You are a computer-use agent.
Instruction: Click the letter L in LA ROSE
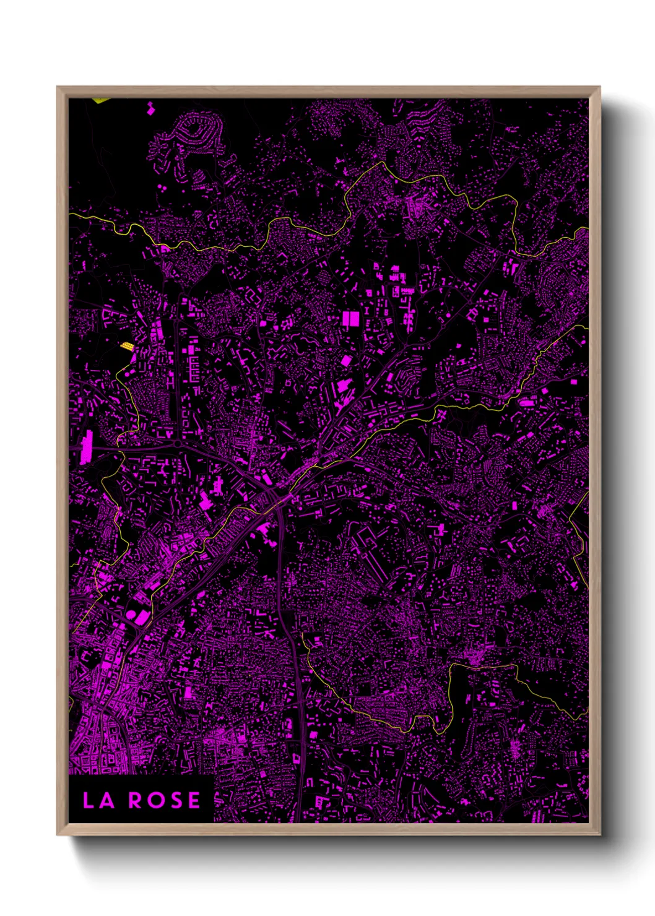(x=89, y=800)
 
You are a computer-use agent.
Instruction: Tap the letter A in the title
(x=106, y=800)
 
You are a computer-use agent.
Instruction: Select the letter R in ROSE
(x=136, y=800)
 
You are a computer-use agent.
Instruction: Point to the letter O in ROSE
(x=155, y=800)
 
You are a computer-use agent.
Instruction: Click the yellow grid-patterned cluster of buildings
(x=126, y=345)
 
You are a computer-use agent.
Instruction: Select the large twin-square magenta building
(x=350, y=319)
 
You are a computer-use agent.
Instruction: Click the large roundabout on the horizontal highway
(x=178, y=443)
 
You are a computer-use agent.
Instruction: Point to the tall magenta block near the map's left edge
(x=86, y=447)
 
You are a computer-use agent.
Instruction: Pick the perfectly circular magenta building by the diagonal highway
(x=131, y=615)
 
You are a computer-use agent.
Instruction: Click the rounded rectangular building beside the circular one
(x=142, y=617)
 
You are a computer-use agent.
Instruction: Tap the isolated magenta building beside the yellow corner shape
(x=149, y=110)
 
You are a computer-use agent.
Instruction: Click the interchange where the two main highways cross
(x=275, y=495)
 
